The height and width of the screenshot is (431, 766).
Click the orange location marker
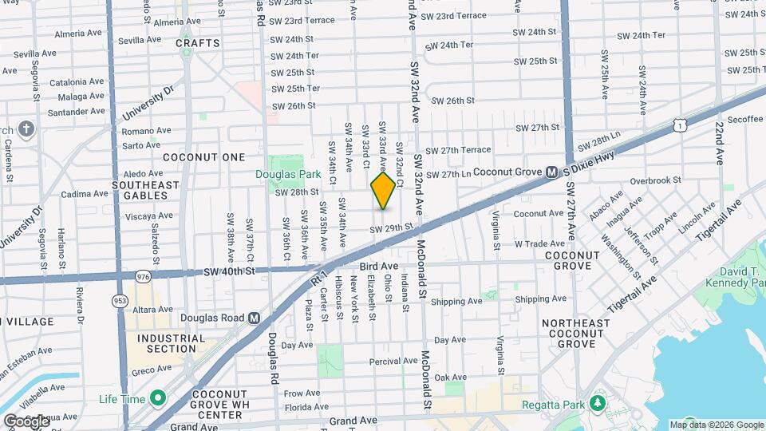[383, 191]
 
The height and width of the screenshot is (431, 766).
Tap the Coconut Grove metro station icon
[551, 172]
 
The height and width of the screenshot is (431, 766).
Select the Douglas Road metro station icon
[255, 318]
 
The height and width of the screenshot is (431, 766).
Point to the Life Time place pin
[158, 397]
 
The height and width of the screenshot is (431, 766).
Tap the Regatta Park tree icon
[595, 404]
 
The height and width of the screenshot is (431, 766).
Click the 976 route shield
[144, 276]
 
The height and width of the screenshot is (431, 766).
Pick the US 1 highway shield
[679, 125]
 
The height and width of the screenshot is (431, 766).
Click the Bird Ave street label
[378, 265]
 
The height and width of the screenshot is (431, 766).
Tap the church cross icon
[26, 129]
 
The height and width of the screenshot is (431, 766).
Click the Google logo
[26, 421]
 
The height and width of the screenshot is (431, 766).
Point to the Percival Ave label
[393, 362]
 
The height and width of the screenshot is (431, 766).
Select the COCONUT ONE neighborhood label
[204, 157]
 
